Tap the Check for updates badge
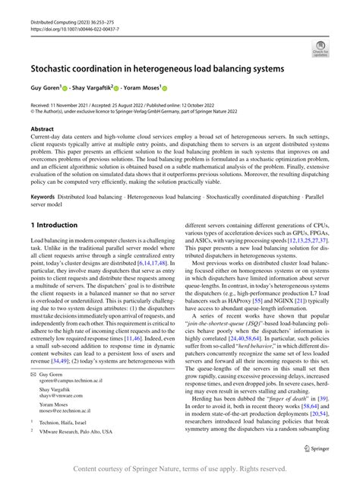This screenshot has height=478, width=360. click(320, 50)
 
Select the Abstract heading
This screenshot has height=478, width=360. click(43, 129)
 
